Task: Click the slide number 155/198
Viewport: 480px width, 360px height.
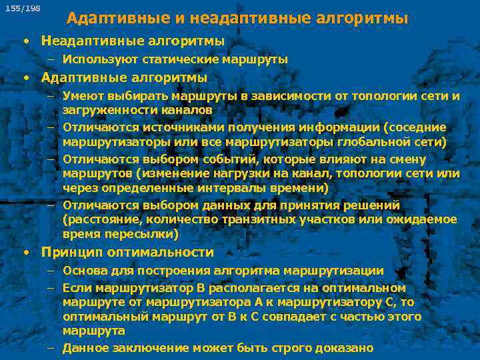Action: [22, 8]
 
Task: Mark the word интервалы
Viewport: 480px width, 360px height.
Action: [207, 187]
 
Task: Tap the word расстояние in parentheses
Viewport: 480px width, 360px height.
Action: [100, 219]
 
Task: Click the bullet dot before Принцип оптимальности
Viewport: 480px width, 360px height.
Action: [25, 253]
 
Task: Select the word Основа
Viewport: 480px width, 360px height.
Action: [84, 271]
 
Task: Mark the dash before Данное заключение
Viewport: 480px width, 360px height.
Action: [51, 348]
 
